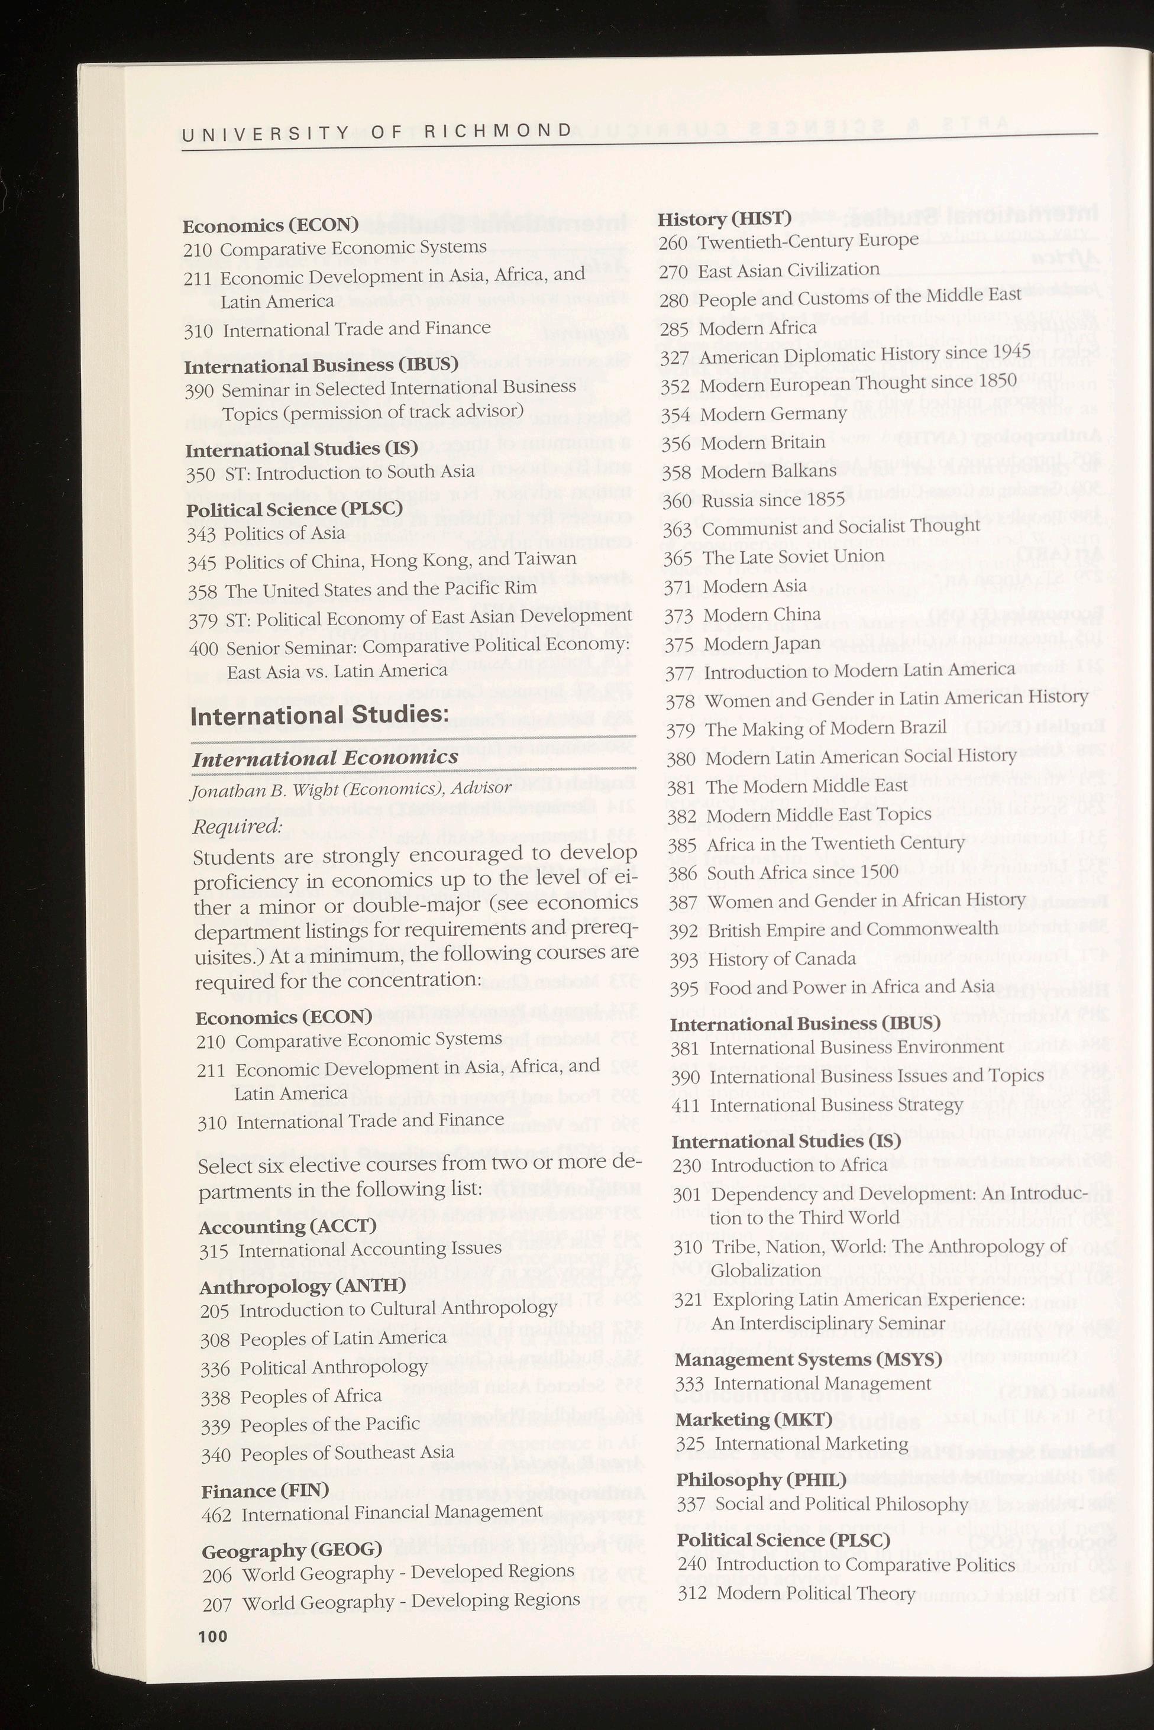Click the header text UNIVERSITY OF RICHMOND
coord(376,132)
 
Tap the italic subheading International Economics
coord(325,757)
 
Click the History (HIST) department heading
coord(723,219)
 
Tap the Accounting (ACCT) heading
coord(287,1226)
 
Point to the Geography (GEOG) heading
coord(292,1550)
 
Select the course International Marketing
coord(811,1444)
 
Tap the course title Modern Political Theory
coord(816,1594)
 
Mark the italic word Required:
coord(237,826)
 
